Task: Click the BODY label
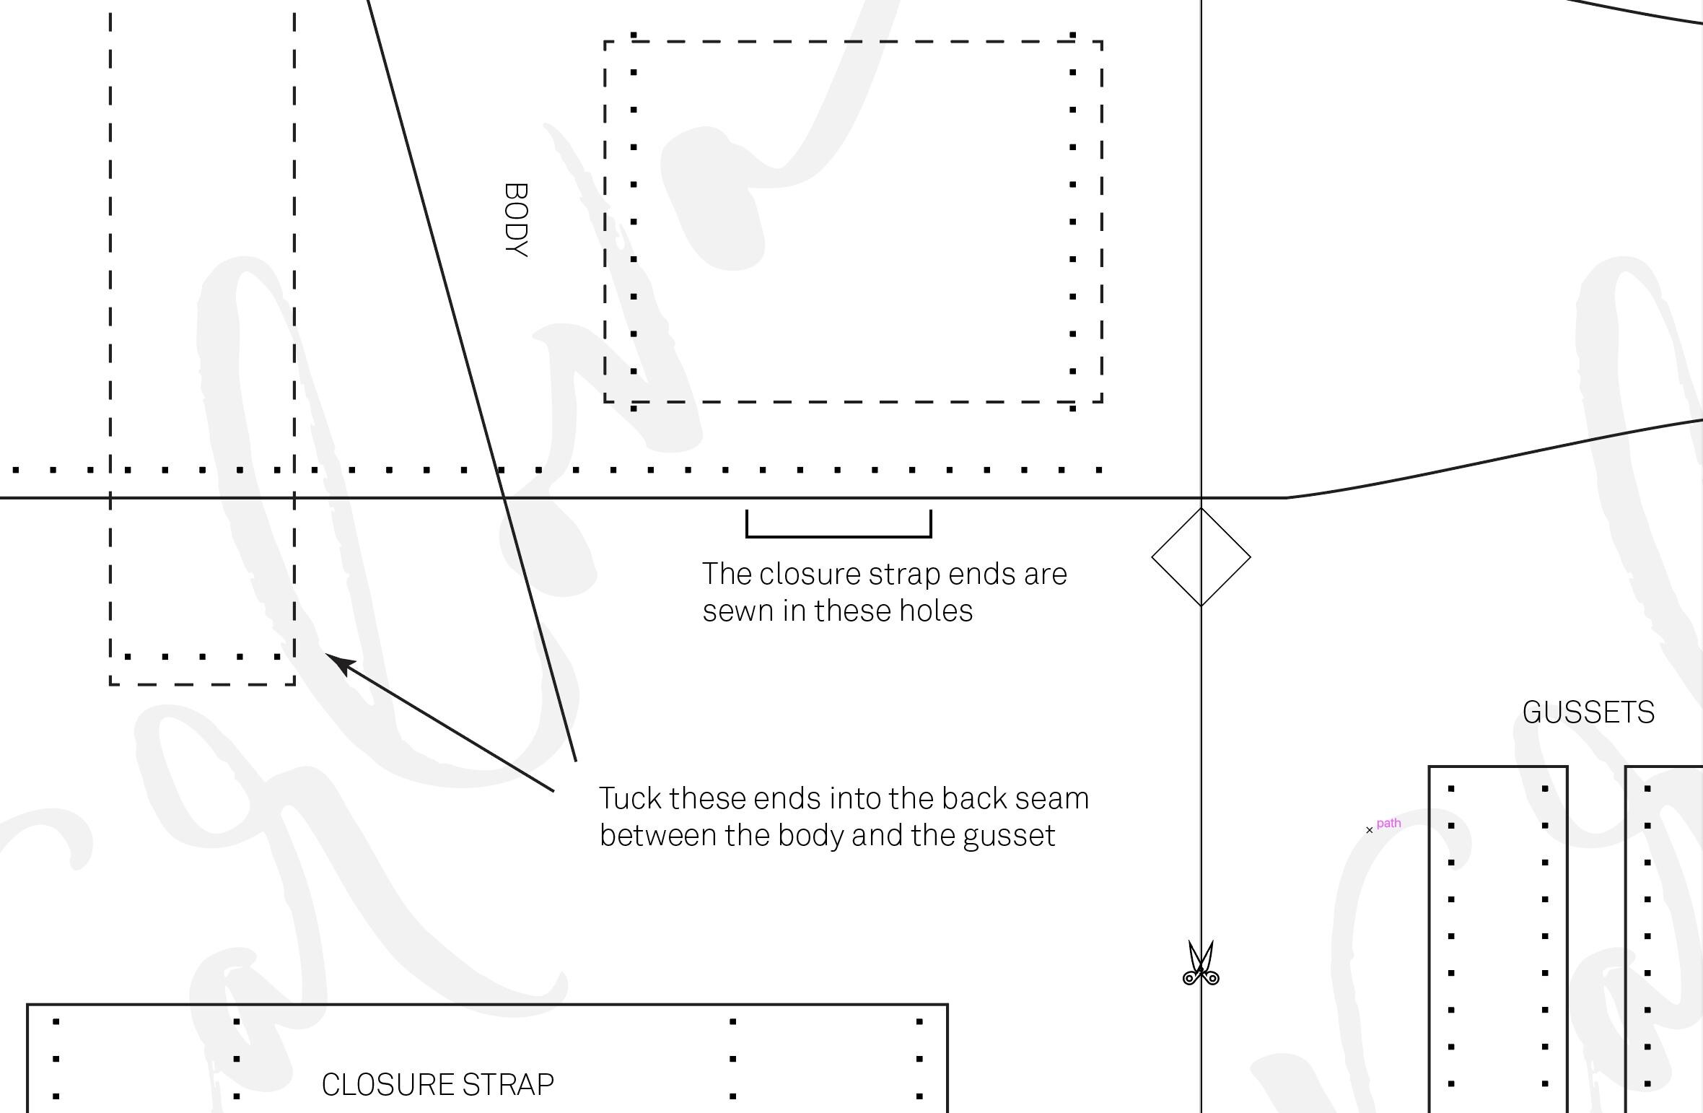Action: (x=517, y=220)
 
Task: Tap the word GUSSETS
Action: (x=1588, y=713)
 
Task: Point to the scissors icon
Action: (x=1201, y=963)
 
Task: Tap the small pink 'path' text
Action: (x=1388, y=824)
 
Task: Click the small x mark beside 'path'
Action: (x=1370, y=830)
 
